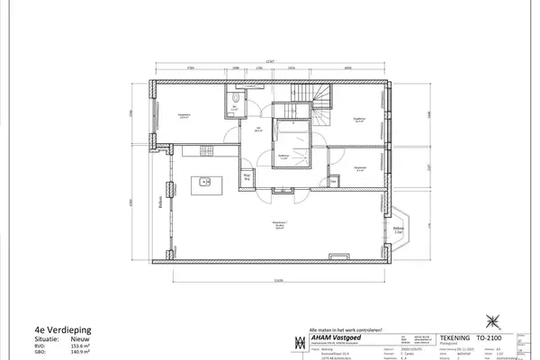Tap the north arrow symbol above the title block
(492, 319)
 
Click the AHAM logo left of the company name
(300, 343)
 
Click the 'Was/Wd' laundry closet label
(246, 176)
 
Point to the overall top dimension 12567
(271, 61)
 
